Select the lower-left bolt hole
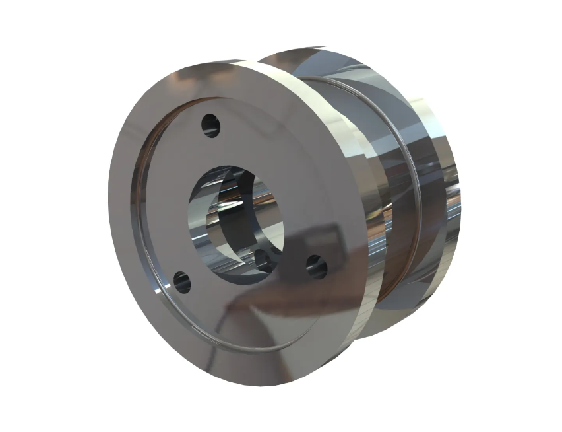(x=181, y=282)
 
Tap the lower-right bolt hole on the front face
(x=317, y=266)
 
